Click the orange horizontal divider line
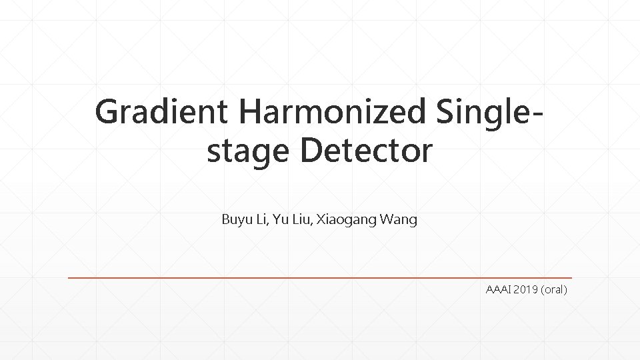320,277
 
